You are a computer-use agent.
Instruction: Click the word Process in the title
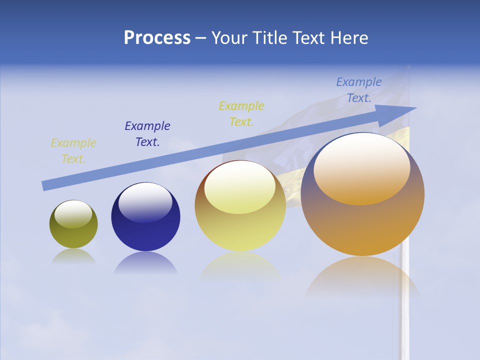tap(157, 38)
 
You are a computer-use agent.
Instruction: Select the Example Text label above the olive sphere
tap(73, 151)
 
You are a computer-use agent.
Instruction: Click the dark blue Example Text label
tap(147, 134)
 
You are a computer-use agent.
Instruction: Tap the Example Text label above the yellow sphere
tap(241, 113)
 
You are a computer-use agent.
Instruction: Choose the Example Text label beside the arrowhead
tap(359, 90)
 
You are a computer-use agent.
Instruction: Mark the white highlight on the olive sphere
tap(73, 213)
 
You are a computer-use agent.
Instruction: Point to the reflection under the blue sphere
tap(145, 263)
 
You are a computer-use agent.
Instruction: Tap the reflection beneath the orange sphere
tap(362, 277)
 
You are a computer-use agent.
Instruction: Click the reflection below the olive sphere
tap(73, 257)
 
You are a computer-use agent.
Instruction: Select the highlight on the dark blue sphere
tap(145, 201)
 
